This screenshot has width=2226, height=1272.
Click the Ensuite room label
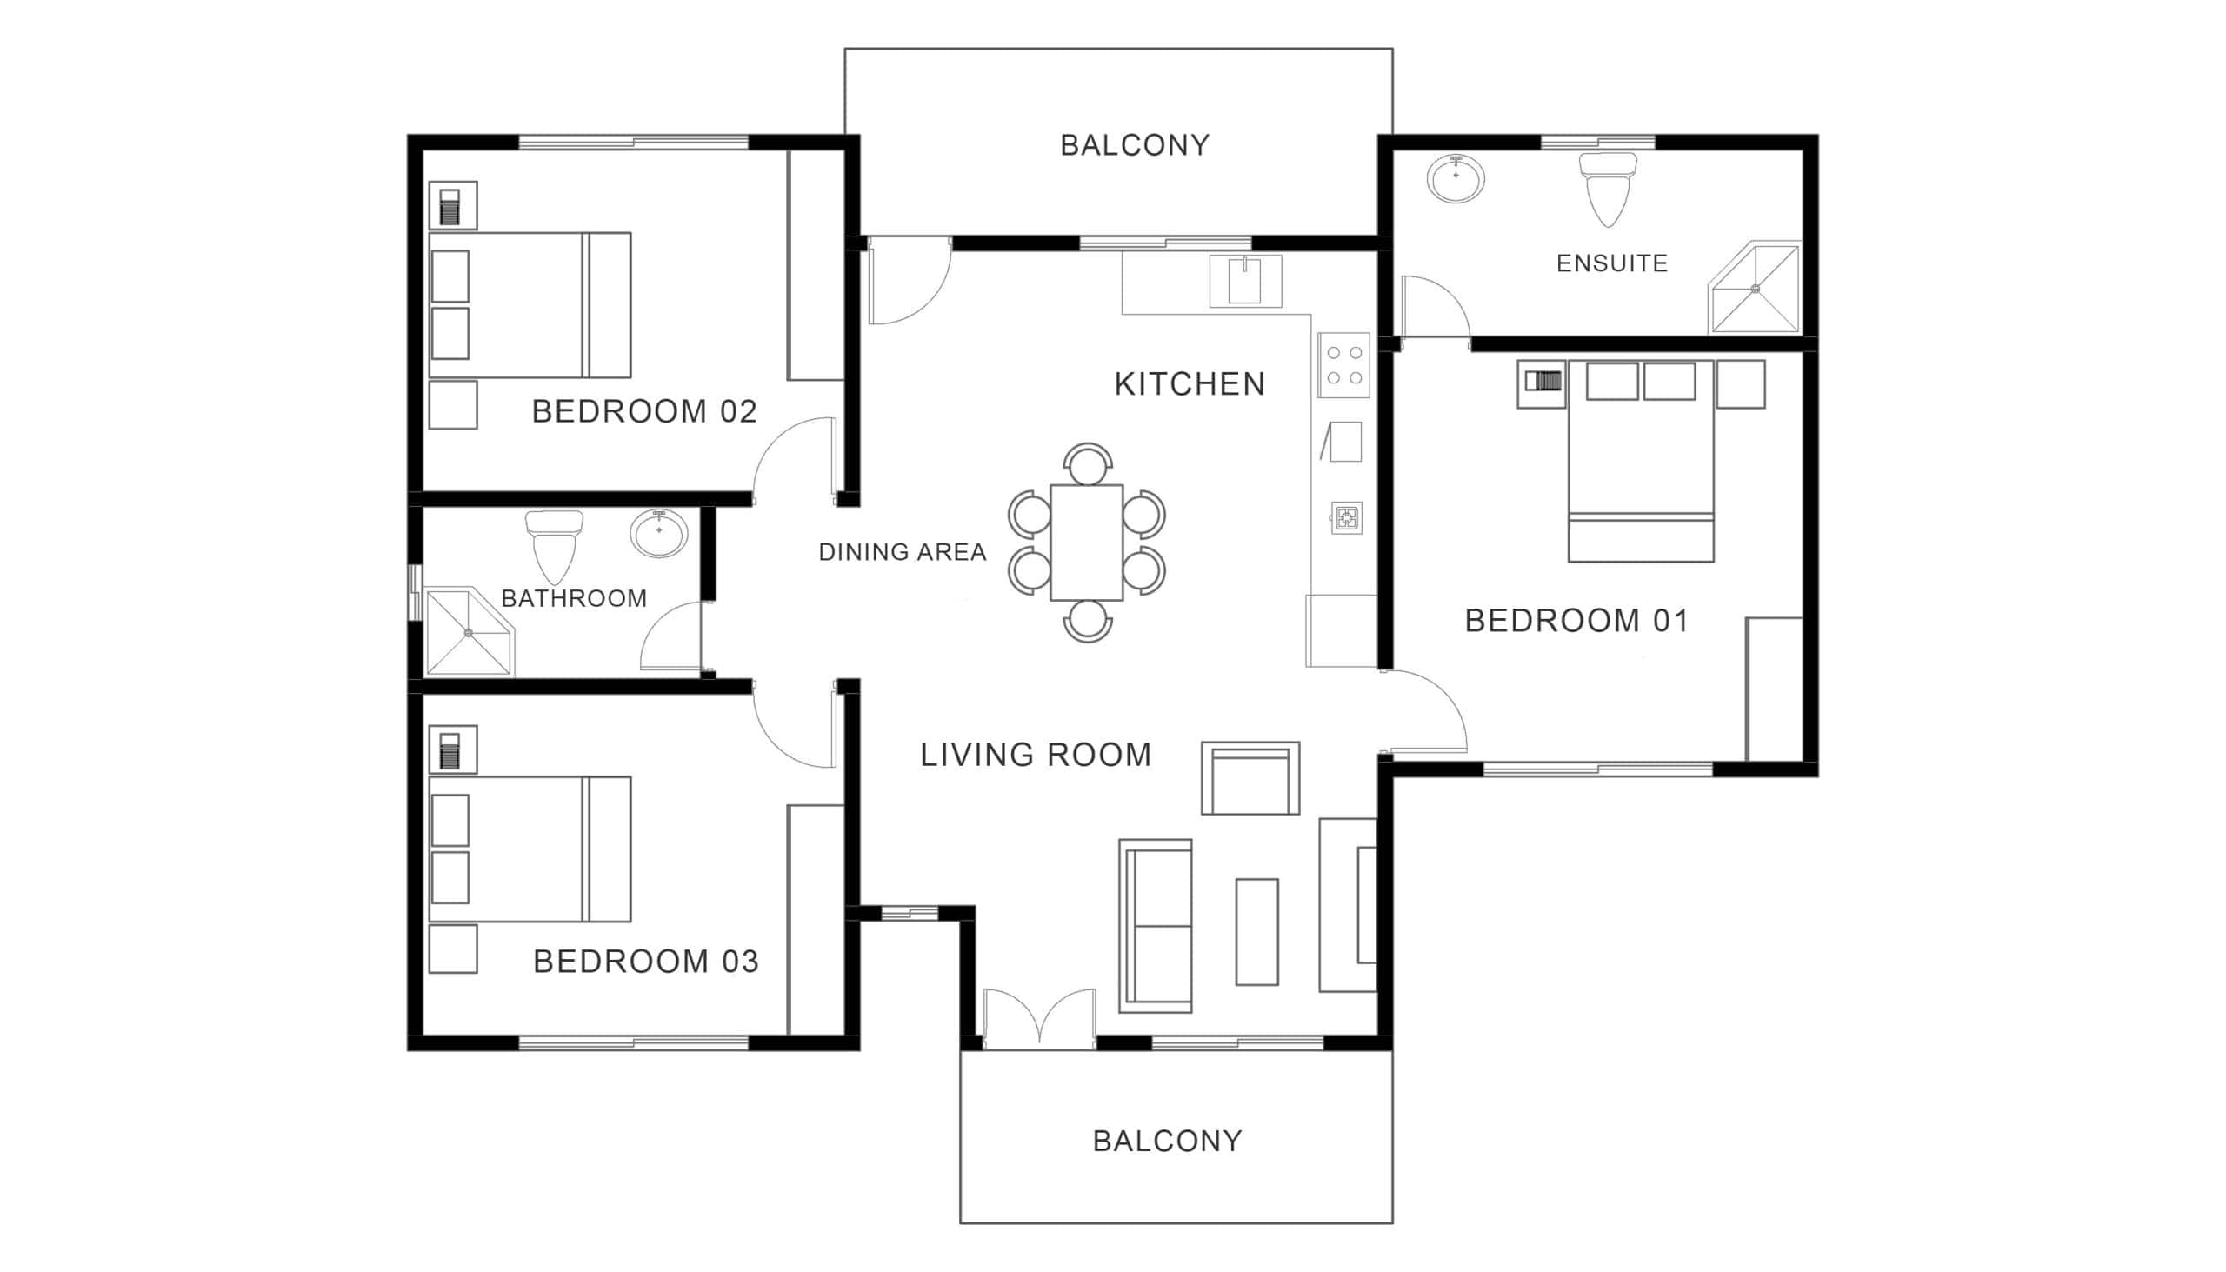pos(1612,263)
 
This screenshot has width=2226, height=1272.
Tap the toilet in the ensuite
pos(1608,190)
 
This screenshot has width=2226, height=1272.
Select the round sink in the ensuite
pos(1456,179)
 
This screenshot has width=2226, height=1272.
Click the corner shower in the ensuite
pos(1755,288)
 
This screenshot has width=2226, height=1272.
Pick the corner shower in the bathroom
pos(470,630)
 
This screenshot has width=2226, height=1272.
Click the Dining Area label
pos(903,552)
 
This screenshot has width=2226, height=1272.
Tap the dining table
pos(1087,543)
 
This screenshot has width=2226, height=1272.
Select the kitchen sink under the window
pos(1246,282)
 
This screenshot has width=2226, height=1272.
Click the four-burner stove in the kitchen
pos(1343,365)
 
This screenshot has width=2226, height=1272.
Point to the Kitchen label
pos(1190,384)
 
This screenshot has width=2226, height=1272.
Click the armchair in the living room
pos(1250,778)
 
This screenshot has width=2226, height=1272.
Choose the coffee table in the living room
pos(1257,932)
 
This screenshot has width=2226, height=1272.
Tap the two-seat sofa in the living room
pos(1156,926)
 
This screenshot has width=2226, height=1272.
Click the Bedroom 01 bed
pos(1641,461)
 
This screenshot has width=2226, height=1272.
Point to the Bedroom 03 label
pos(645,962)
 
